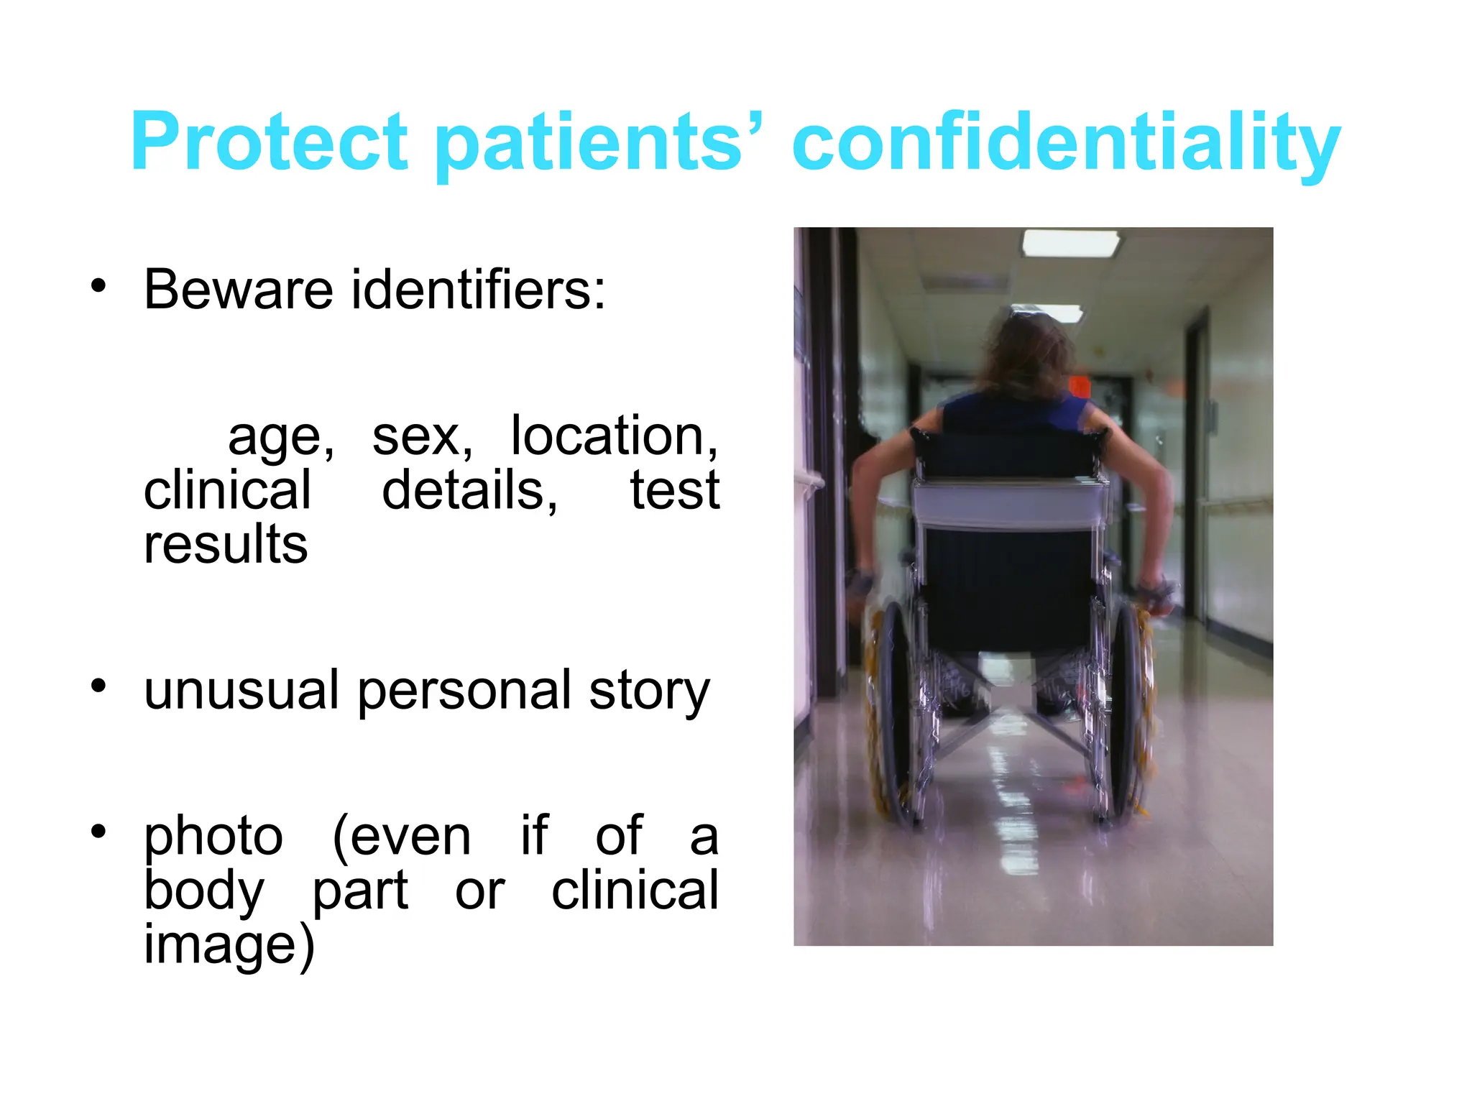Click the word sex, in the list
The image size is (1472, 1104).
coord(423,436)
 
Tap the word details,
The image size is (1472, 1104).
coord(469,490)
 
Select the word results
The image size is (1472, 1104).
coord(226,544)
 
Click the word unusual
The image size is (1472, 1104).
coord(241,690)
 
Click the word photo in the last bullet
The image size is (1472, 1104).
coord(213,837)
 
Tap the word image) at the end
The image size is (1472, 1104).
coord(229,945)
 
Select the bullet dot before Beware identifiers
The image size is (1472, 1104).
coord(98,286)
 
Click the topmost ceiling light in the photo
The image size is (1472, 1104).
coord(1070,242)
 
